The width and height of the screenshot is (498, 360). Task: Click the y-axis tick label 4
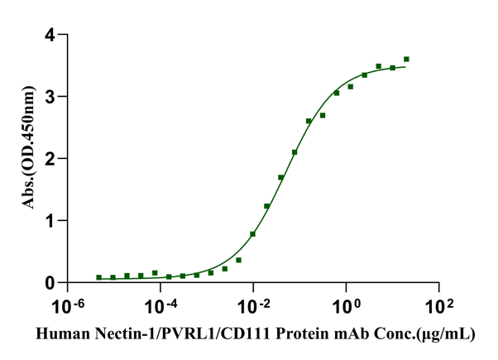[x=51, y=36]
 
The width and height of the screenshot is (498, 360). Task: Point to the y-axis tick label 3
[x=51, y=97]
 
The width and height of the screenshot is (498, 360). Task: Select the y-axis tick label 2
[x=51, y=159]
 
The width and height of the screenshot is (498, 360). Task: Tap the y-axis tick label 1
[x=51, y=221]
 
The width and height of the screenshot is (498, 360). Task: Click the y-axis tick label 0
[x=51, y=283]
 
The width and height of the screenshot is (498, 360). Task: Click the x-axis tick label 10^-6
[x=69, y=306]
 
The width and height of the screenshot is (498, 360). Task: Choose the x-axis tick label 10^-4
[x=162, y=306]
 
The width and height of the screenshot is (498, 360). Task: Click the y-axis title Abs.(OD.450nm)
[x=29, y=159]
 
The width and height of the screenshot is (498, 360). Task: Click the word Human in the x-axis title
[x=59, y=334]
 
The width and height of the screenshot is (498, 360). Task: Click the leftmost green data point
[x=99, y=278]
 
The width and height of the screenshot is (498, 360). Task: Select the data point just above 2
[x=294, y=152]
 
